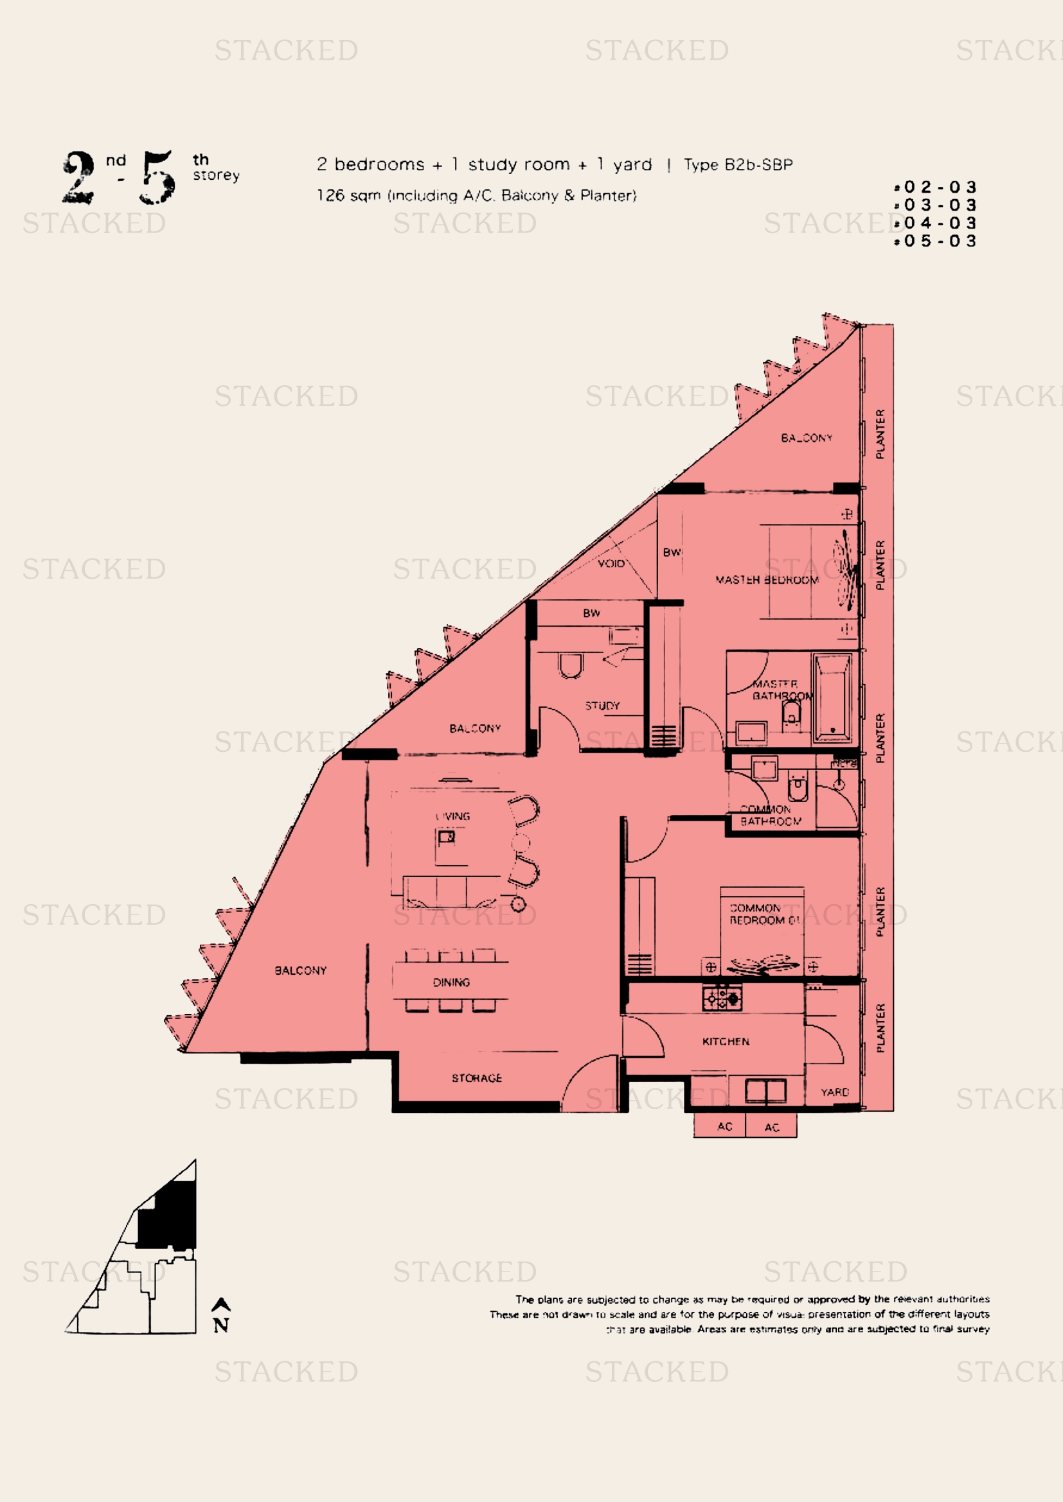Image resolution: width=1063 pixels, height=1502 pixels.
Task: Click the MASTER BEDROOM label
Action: [767, 580]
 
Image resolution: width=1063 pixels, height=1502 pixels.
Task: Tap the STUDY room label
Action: [602, 706]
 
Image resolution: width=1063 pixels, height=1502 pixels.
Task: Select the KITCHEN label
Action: [725, 1042]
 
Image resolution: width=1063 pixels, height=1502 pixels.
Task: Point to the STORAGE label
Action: [476, 1078]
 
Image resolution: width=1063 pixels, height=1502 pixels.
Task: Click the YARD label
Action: [835, 1092]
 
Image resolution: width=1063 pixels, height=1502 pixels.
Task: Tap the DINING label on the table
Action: [451, 982]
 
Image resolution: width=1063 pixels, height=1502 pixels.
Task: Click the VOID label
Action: [611, 563]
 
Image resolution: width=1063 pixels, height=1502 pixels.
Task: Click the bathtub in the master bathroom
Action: [832, 699]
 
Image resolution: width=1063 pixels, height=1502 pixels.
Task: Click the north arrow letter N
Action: [221, 1325]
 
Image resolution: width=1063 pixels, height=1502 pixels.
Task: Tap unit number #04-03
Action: [936, 223]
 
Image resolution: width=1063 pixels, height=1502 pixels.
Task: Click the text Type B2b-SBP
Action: [738, 165]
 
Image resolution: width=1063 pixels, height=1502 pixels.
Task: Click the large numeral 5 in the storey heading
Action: [157, 177]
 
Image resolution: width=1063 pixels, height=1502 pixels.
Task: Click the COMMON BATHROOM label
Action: [770, 815]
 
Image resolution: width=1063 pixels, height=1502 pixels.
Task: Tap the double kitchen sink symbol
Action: [766, 1091]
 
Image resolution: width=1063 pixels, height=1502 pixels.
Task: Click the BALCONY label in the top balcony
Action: [807, 438]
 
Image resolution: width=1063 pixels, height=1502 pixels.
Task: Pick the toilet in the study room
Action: [570, 665]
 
